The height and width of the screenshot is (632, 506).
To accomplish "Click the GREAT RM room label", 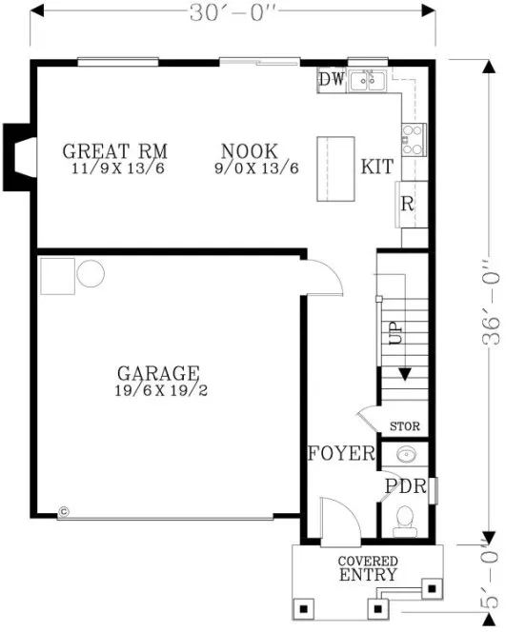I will coord(114,151).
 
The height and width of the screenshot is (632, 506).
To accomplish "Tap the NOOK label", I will coord(249,151).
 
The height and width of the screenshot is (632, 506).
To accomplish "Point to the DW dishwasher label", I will coord(331,80).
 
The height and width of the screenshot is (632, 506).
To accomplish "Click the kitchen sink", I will coord(366,82).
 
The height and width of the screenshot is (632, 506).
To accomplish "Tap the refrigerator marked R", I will coord(406,204).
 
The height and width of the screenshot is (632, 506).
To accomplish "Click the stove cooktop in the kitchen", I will coord(415,140).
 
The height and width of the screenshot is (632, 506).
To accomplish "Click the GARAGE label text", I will coord(158,373).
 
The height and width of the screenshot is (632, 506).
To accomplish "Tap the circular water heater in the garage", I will coord(91,275).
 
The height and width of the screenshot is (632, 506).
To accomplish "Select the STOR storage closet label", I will coord(405,426).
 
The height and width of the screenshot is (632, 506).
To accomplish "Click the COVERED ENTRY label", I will coord(368,568).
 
